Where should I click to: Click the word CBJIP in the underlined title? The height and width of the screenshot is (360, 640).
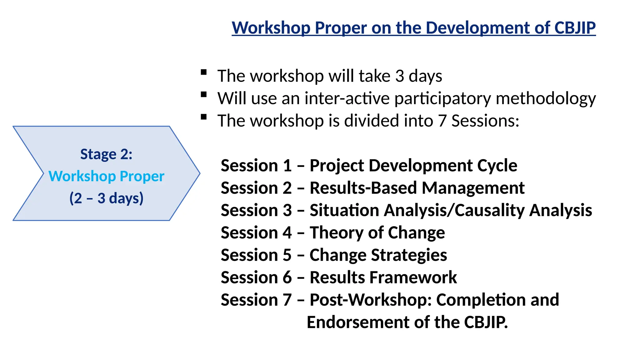tap(575, 27)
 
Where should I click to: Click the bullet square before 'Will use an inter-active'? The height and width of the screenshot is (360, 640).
tap(204, 95)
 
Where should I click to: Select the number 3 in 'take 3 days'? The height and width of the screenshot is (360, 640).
tap(400, 76)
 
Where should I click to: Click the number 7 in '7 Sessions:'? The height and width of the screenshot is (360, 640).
tap(442, 121)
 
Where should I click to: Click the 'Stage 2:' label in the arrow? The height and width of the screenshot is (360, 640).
tap(106, 154)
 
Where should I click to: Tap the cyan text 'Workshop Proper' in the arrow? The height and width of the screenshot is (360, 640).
tap(106, 176)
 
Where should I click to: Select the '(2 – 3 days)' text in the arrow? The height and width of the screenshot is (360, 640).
tap(106, 198)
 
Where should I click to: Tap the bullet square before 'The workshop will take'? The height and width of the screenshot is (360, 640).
tap(204, 72)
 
